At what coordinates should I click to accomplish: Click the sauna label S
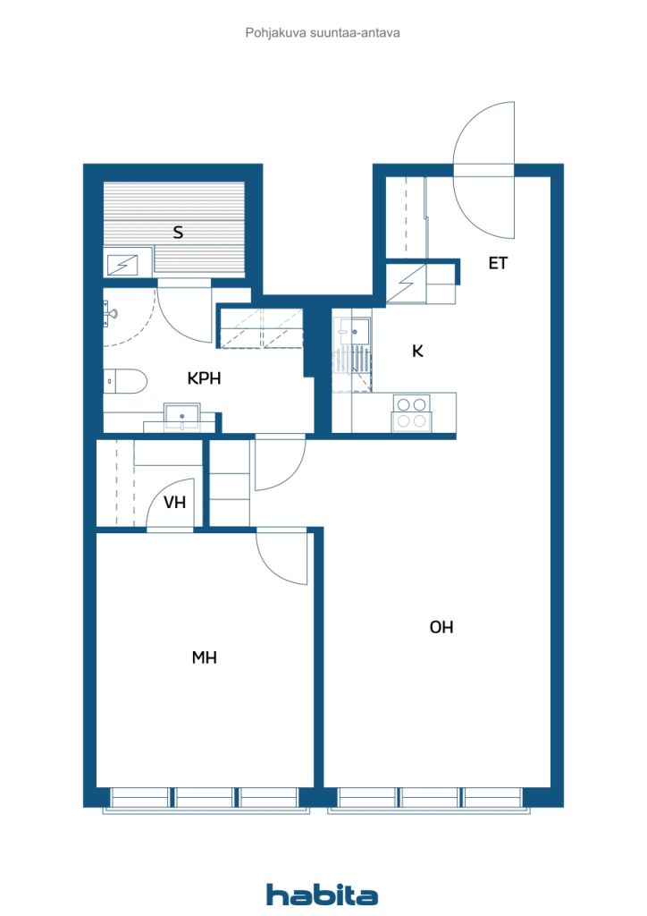tap(179, 233)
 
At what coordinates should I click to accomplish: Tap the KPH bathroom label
tap(204, 378)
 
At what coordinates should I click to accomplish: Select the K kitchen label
tap(417, 351)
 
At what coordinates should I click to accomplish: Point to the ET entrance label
tap(498, 264)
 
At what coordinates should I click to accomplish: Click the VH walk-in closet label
tap(174, 503)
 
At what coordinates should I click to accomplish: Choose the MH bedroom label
tap(204, 657)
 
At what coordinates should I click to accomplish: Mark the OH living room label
tap(441, 627)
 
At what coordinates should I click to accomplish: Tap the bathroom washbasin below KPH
tap(181, 417)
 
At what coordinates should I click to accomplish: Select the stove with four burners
tap(412, 413)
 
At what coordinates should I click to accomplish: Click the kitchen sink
tap(353, 332)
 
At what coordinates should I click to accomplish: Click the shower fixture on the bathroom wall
tap(110, 313)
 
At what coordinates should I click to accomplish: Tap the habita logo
tap(322, 895)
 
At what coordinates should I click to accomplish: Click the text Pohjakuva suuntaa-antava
tap(323, 33)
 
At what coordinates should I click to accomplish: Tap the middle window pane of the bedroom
tap(204, 797)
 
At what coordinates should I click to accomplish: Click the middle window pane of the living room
tap(429, 797)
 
